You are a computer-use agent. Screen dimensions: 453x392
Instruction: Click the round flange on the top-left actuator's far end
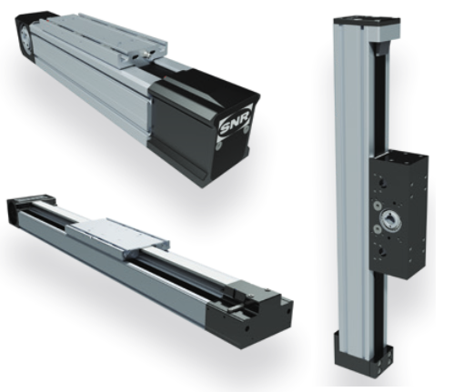[x=24, y=36]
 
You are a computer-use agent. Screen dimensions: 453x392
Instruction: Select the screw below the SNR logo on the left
[x=216, y=146]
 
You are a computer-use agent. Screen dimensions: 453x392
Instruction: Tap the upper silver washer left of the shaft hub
[x=377, y=206]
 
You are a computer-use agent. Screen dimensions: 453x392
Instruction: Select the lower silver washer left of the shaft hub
[x=377, y=228]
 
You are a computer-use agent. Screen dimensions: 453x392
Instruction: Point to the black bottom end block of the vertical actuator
[x=364, y=351]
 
